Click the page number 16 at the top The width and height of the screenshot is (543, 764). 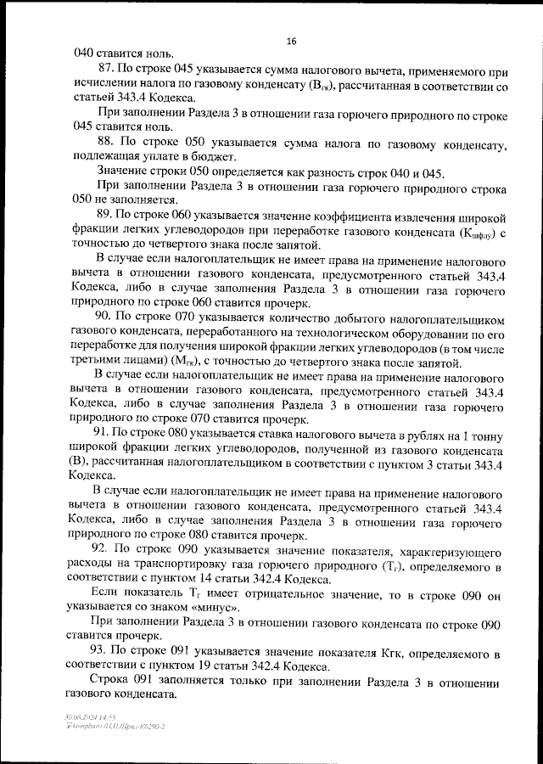291,40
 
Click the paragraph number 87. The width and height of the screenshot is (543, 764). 107,68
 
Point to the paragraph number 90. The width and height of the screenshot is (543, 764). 106,315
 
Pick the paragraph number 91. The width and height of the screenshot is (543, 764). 106,432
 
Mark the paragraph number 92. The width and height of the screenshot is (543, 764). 107,549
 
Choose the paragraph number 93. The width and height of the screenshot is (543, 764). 107,650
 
